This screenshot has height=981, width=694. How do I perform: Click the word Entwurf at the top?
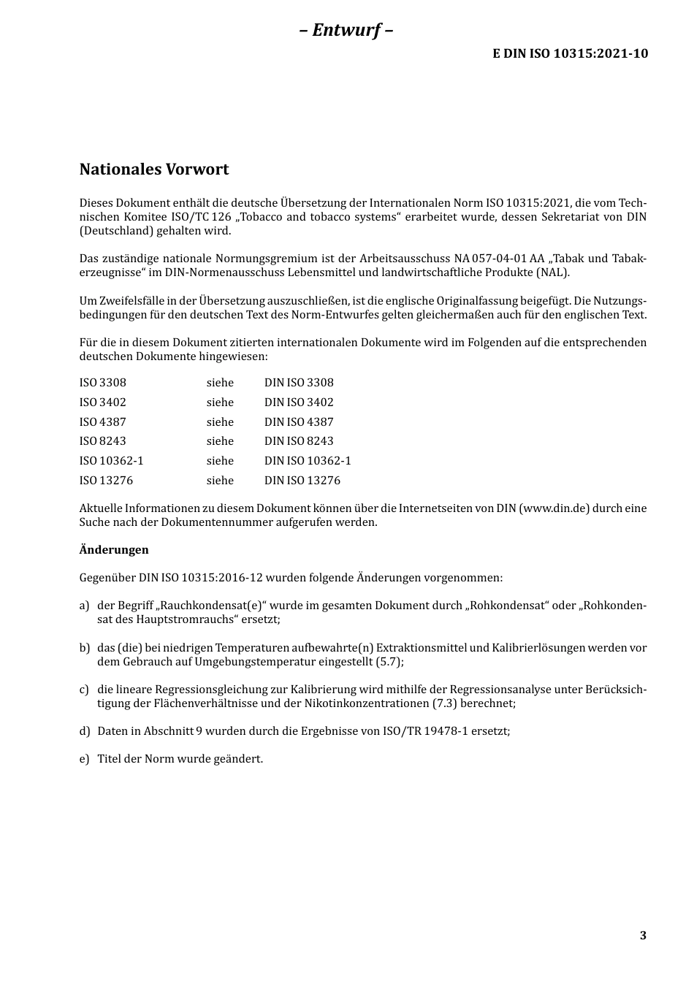tap(346, 30)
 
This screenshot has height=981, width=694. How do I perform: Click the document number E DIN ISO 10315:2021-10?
tap(570, 53)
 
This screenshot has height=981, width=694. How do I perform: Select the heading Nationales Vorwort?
tap(154, 169)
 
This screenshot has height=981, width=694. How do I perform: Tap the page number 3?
tap(643, 936)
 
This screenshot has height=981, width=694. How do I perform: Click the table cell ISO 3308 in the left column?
tap(103, 383)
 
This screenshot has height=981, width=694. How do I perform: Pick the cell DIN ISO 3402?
tap(299, 402)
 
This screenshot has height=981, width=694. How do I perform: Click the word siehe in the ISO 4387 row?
tap(220, 422)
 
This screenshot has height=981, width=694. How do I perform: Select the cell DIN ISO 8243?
tap(299, 441)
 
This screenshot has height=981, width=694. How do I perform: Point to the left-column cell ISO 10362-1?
tap(112, 461)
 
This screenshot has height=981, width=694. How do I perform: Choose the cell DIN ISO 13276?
tap(302, 481)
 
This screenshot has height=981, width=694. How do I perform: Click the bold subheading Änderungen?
tap(114, 550)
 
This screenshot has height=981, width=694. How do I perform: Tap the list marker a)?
tap(84, 606)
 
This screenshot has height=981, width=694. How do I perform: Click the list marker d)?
tap(85, 731)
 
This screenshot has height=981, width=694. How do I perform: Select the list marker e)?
tap(84, 759)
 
